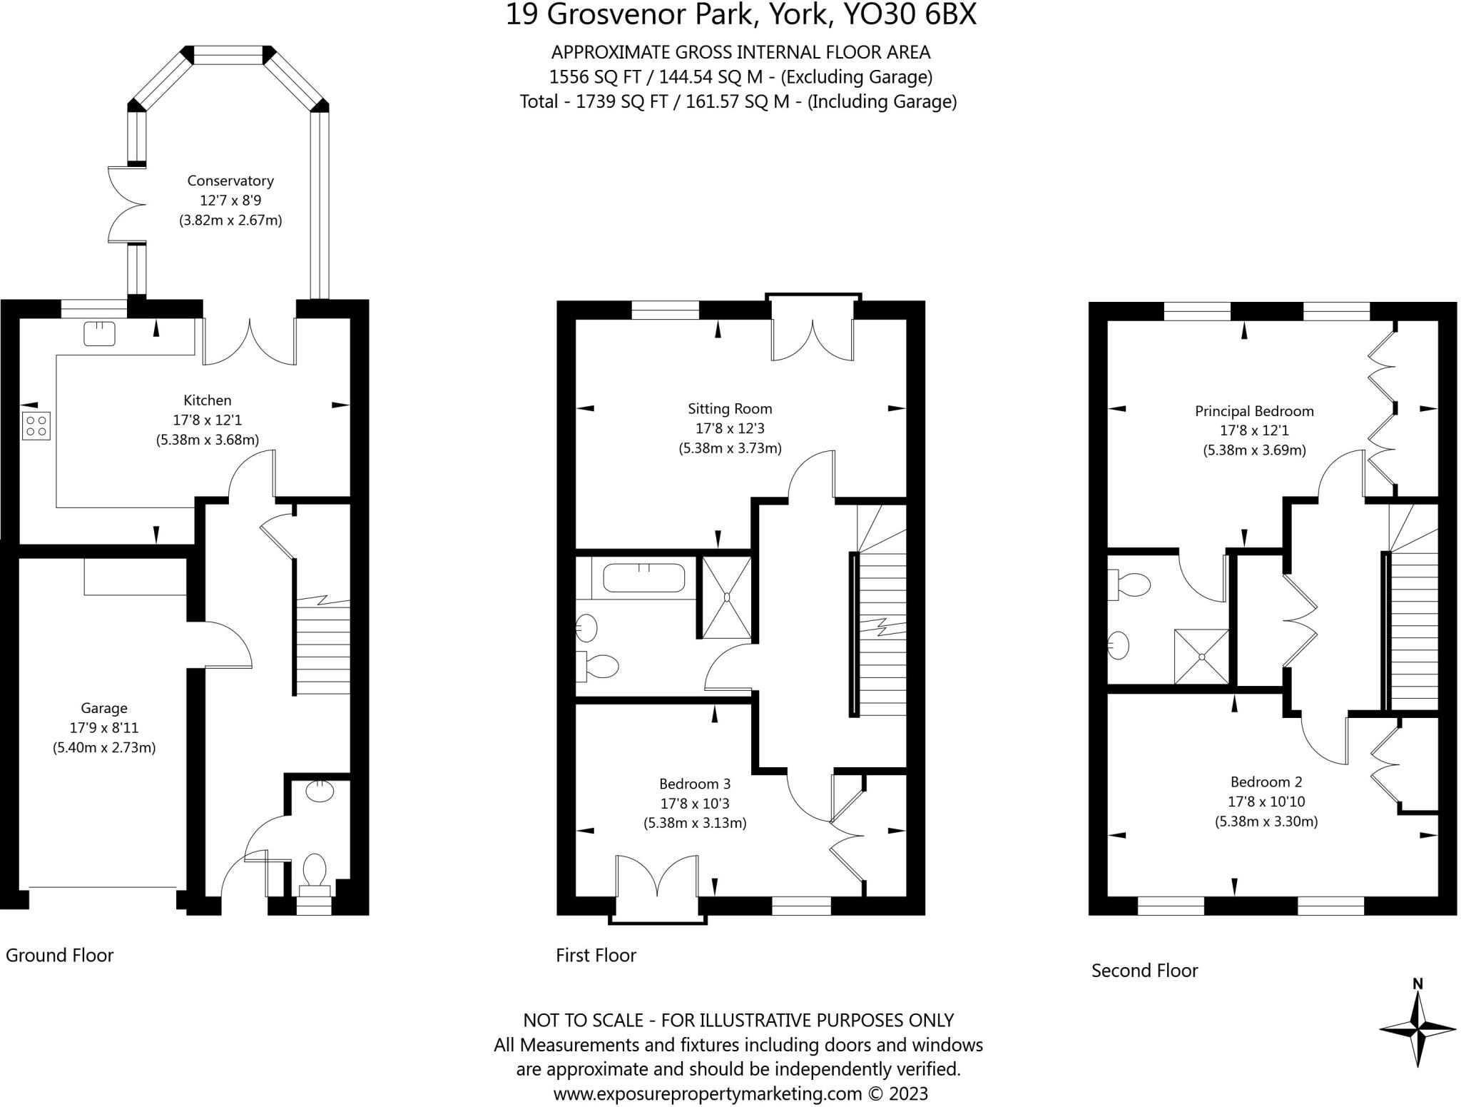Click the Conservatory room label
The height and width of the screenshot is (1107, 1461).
[230, 181]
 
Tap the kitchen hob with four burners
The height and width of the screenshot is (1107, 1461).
[36, 425]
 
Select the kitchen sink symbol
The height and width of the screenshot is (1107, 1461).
[99, 333]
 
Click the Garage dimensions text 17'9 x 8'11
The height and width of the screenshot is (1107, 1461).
[104, 728]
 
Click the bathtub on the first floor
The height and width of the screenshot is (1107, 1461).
[643, 577]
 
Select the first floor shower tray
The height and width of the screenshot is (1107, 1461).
[726, 597]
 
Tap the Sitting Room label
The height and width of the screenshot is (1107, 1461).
[730, 409]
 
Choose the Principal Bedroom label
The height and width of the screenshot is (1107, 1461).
[1253, 411]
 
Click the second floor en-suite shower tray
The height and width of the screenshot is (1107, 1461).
[1201, 656]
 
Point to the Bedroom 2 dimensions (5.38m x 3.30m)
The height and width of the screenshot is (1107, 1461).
[1266, 822]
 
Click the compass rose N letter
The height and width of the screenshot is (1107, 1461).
[1417, 984]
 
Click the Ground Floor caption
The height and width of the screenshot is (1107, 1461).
[59, 955]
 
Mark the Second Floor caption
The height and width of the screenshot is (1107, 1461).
[1144, 970]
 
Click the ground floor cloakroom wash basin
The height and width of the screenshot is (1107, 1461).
[320, 791]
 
